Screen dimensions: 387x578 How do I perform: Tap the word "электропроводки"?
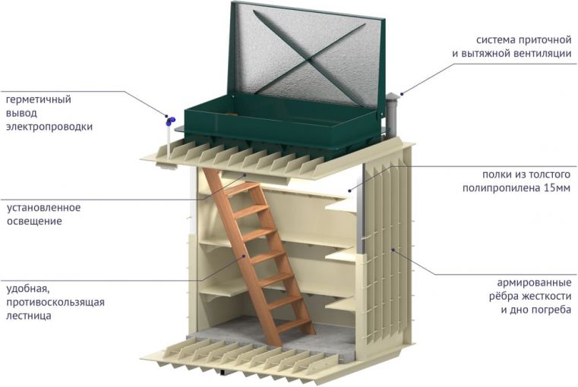pos(49,127)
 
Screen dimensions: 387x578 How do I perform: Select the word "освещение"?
pos(34,221)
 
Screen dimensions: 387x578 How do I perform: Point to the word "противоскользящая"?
pos(55,302)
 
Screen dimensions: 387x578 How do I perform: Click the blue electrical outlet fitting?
pos(170,119)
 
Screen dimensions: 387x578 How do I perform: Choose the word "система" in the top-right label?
pos(498,40)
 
